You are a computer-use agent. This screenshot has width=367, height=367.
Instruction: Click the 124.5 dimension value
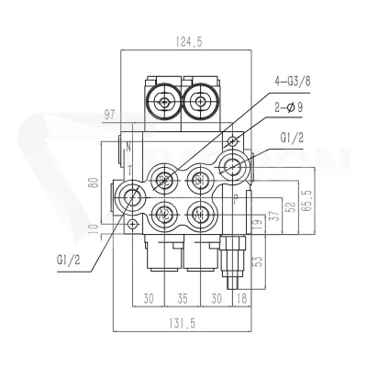coord(189,41)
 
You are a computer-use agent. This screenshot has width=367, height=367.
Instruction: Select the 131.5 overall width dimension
coord(182,323)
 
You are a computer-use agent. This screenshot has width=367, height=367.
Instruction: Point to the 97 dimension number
coord(109,116)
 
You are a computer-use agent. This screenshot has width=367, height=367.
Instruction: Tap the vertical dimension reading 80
coord(95,183)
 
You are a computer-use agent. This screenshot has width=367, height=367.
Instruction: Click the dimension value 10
coord(95,228)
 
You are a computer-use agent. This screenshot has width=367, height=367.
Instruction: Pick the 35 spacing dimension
coord(182,298)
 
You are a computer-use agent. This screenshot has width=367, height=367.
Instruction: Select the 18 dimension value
coord(241,298)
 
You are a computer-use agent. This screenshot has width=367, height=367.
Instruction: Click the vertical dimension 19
coord(258,224)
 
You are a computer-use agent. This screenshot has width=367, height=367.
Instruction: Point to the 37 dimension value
coord(275,216)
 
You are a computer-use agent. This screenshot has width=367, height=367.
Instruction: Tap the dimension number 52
coord(292,207)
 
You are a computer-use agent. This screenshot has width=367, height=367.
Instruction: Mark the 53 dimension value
coord(258,261)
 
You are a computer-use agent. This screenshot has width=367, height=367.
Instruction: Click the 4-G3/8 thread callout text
coord(292,82)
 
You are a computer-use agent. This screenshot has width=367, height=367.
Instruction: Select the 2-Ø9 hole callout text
coord(289,107)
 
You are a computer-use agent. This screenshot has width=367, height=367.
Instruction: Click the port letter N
coord(128,147)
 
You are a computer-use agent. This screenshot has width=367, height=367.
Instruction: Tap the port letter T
coord(130,170)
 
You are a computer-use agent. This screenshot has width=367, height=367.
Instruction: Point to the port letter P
coord(236,199)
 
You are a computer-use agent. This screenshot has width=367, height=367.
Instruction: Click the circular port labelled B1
coord(200,181)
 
